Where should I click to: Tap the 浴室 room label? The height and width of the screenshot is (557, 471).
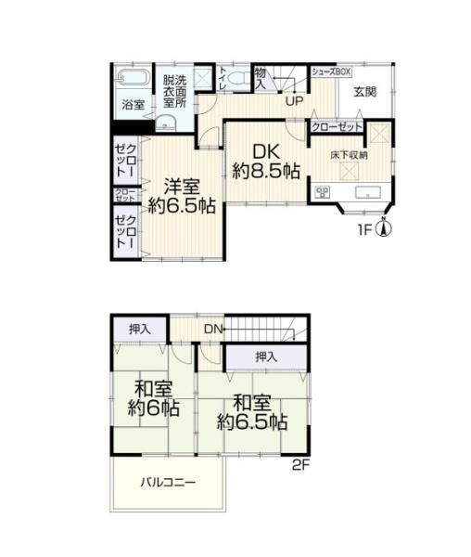pyautogui.click(x=134, y=105)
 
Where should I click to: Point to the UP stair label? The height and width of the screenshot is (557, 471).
pyautogui.click(x=295, y=101)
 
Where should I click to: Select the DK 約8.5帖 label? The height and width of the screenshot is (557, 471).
pyautogui.click(x=267, y=160)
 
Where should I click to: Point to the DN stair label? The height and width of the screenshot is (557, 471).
pyautogui.click(x=213, y=329)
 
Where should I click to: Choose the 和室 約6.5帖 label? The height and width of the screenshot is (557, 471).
pyautogui.click(x=251, y=412)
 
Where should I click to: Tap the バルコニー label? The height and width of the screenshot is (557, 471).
pyautogui.click(x=168, y=483)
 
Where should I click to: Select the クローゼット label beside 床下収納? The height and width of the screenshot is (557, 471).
pyautogui.click(x=336, y=126)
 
